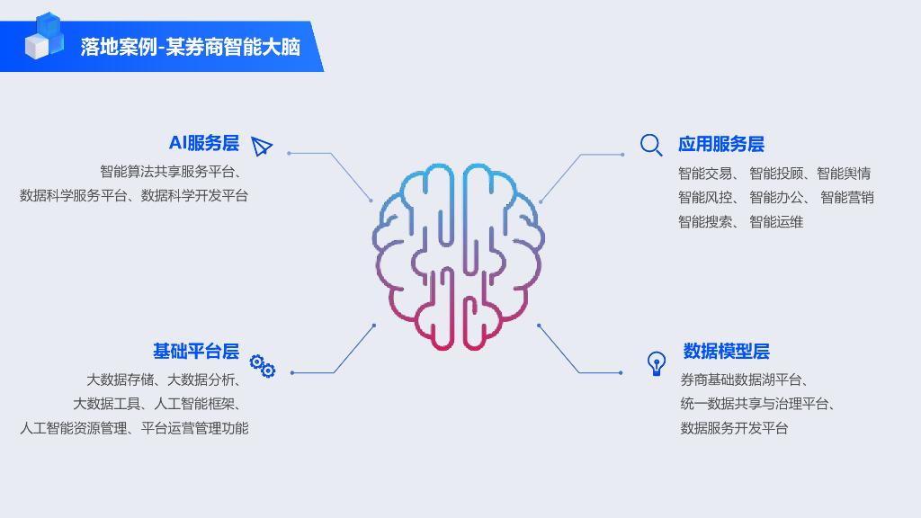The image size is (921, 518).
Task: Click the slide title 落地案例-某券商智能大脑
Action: [190, 47]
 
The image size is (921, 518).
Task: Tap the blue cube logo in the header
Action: [44, 37]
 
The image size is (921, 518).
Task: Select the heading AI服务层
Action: [204, 144]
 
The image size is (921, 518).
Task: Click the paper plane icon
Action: [262, 147]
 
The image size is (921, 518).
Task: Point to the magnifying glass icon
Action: [651, 145]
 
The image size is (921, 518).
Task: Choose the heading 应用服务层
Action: [720, 145]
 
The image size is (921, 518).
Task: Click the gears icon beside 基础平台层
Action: [262, 365]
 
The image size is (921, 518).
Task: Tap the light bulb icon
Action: [657, 363]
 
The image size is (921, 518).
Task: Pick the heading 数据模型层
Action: [726, 352]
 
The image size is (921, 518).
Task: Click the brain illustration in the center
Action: [458, 257]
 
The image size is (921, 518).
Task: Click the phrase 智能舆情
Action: [844, 174]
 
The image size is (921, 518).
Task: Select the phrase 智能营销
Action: [847, 198]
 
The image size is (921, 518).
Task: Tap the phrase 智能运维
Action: [776, 222]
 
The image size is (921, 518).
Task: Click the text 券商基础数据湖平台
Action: [743, 380]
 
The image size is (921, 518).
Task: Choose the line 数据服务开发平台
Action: [734, 429]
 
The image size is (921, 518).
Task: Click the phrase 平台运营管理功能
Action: [194, 429]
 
